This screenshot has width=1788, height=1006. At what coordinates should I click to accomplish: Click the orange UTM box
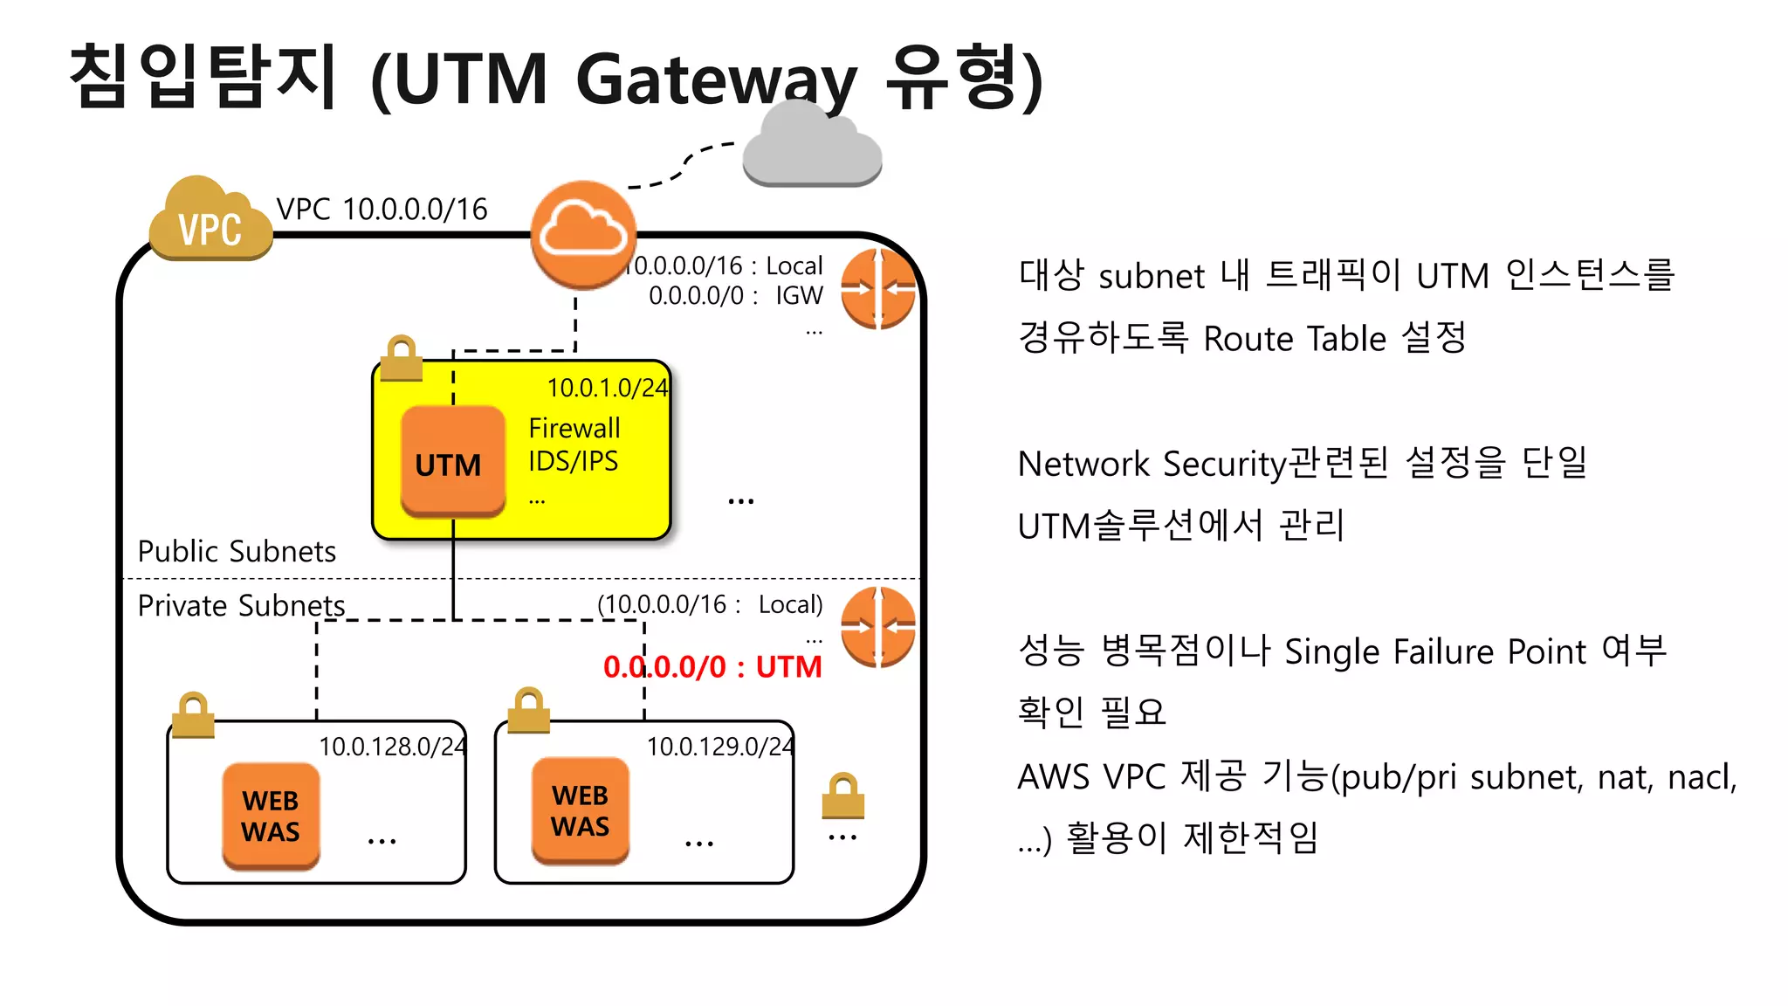tap(452, 462)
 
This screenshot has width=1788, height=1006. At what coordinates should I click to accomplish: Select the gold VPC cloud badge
tap(209, 223)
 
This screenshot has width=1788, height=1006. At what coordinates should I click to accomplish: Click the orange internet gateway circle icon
tap(582, 234)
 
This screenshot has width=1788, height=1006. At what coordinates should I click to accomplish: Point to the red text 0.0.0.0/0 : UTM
tap(712, 667)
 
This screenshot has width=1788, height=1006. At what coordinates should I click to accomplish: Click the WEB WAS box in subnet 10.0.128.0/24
tap(271, 816)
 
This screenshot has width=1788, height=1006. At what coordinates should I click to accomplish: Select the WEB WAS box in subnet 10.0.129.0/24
tap(581, 810)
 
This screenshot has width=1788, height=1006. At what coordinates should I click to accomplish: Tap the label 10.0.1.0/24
tap(607, 388)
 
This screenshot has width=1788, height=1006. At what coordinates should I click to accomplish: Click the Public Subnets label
tap(237, 552)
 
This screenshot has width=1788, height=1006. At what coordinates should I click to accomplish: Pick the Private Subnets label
tap(241, 606)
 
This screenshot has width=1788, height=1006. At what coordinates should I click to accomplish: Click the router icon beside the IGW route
tap(877, 289)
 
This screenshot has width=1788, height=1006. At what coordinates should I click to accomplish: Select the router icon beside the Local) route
tap(877, 627)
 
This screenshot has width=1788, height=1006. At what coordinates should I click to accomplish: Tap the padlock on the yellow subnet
tap(402, 358)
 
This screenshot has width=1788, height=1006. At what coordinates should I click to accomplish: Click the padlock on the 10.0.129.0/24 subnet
tap(528, 710)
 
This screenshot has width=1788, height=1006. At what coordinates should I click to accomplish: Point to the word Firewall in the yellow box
tap(574, 428)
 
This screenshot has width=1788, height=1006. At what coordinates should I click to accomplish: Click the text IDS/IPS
tap(573, 461)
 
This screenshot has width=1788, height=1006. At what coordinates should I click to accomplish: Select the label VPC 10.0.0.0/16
tap(382, 210)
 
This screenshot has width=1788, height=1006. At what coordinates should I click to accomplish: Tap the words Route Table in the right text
tap(1295, 339)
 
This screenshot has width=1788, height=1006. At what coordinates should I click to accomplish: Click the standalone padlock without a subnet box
tap(842, 796)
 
